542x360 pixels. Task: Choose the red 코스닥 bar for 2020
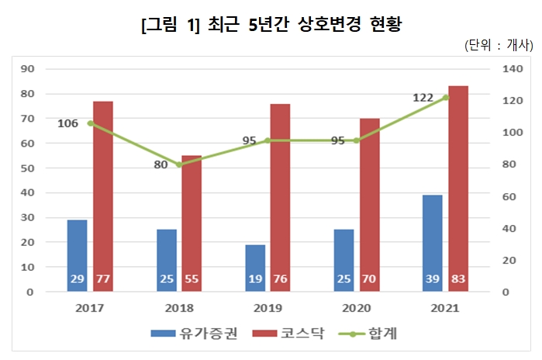(369, 205)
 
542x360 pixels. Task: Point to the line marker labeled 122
(445, 98)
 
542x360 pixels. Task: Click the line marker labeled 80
(179, 164)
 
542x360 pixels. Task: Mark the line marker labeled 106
(90, 123)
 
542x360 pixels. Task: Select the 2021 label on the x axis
(445, 308)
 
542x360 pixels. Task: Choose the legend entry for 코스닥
(294, 334)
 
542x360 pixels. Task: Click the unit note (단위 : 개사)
(496, 45)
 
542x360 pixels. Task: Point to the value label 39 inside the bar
(433, 279)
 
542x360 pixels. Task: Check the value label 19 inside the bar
(255, 279)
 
